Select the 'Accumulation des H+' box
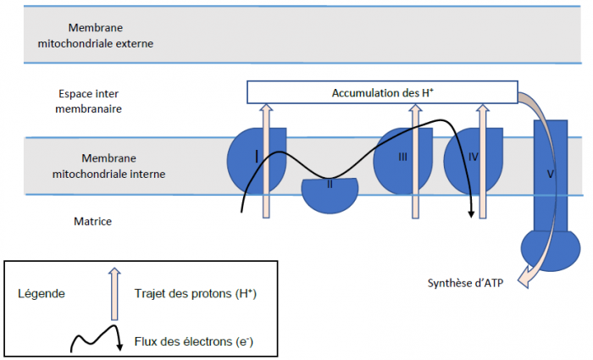click(382, 91)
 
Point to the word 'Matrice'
click(93, 221)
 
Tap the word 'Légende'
click(42, 293)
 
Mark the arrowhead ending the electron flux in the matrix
click(470, 212)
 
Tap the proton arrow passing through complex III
click(416, 161)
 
